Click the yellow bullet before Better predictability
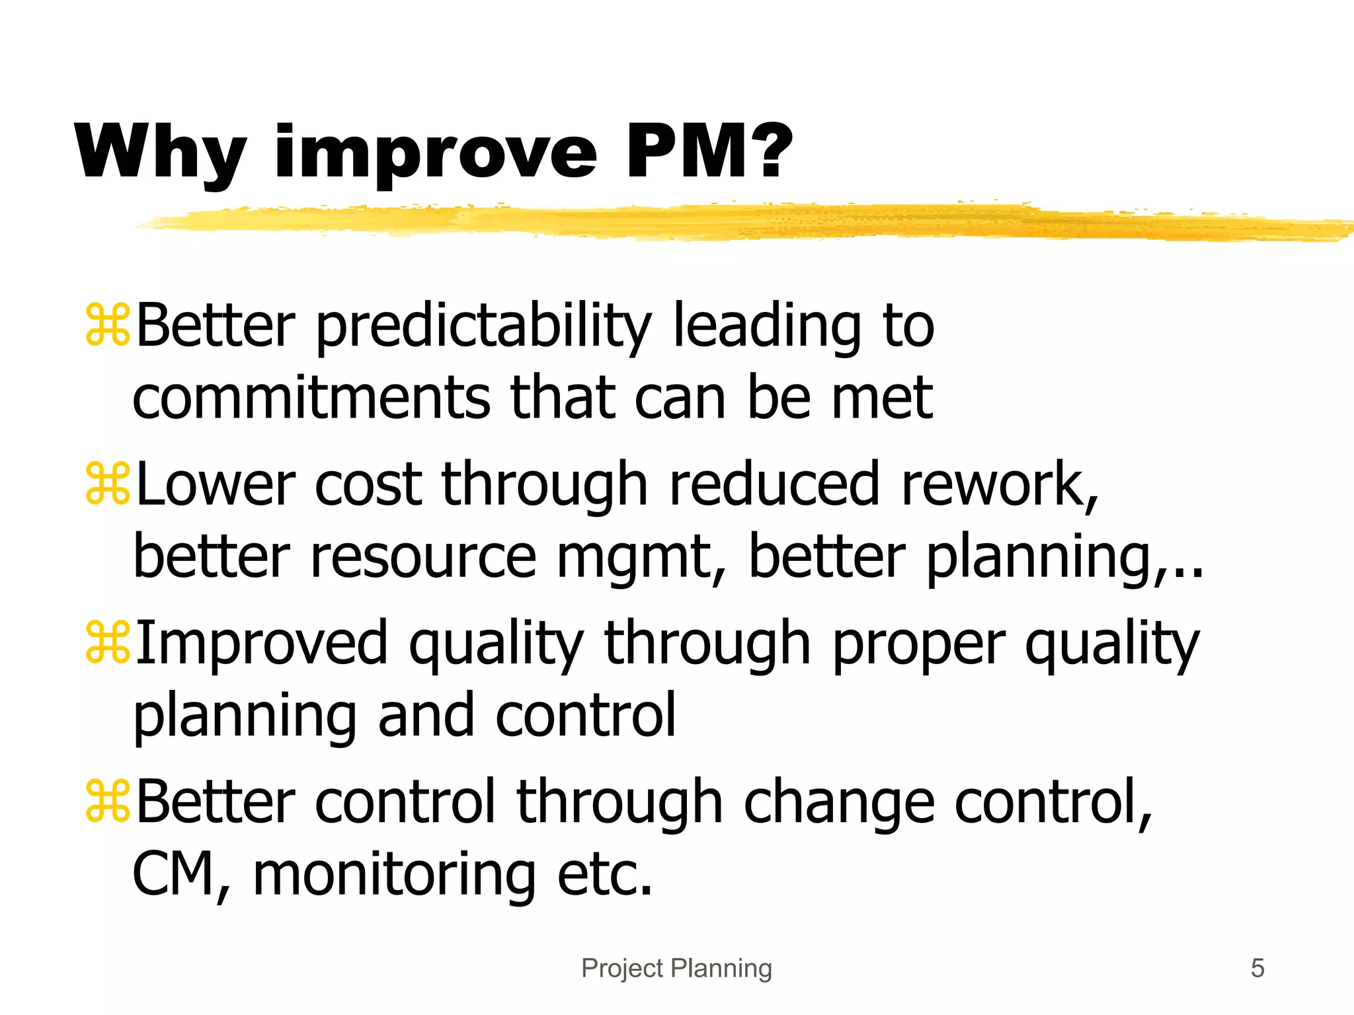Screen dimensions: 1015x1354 click(x=108, y=325)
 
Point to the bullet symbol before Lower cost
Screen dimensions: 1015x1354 click(x=108, y=484)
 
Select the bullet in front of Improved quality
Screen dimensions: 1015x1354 click(x=108, y=642)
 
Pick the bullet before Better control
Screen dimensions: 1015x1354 click(x=108, y=801)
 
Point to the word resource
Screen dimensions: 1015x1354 click(x=423, y=558)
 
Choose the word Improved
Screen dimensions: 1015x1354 click(x=262, y=644)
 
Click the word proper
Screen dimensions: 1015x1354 click(x=919, y=645)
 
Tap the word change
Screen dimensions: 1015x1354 click(x=840, y=802)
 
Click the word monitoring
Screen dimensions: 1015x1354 click(x=394, y=875)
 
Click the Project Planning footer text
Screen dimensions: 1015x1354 click(x=676, y=968)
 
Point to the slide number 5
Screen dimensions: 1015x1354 click(x=1257, y=968)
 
